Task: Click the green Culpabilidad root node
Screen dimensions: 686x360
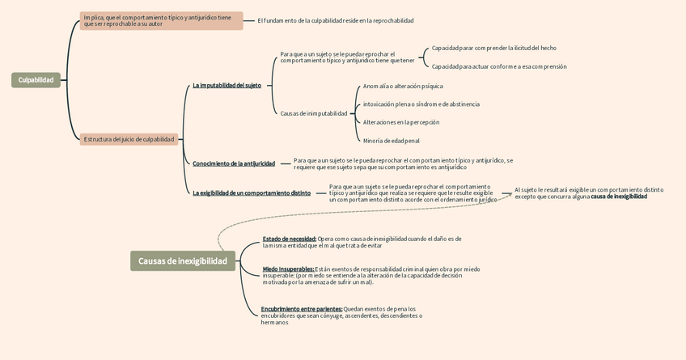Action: click(36, 80)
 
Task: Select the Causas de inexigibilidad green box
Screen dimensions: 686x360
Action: click(183, 260)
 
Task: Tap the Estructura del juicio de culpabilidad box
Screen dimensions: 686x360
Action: click(129, 139)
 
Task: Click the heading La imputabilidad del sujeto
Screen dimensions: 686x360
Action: click(227, 86)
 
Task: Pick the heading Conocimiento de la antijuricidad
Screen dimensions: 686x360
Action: click(234, 163)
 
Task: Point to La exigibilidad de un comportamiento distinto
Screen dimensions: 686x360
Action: click(252, 193)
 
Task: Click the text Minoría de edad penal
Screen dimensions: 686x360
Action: click(391, 141)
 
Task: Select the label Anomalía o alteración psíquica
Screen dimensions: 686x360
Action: click(403, 86)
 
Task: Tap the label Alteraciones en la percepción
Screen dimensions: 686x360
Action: click(401, 122)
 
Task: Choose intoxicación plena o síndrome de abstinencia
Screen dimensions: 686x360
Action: click(421, 104)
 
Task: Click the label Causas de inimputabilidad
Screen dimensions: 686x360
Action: click(314, 113)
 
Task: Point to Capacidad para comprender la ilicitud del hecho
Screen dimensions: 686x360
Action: click(493, 48)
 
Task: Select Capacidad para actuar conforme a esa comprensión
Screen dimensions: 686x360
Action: click(499, 66)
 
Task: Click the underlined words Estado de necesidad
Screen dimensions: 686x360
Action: click(289, 239)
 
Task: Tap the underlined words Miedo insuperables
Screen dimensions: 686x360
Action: click(288, 269)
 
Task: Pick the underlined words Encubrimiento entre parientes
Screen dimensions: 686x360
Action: click(301, 309)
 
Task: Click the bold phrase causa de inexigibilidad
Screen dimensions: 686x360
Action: click(619, 197)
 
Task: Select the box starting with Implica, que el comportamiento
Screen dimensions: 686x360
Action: click(161, 20)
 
